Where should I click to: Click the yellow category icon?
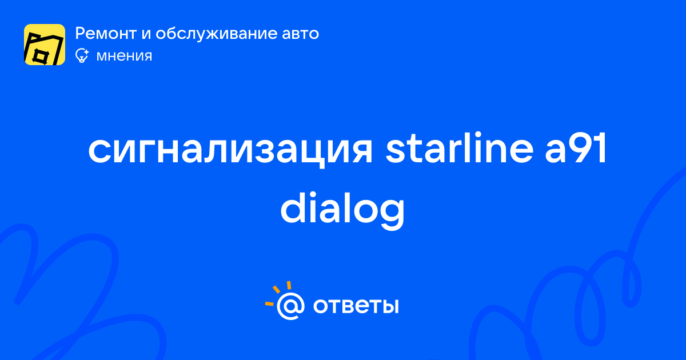(x=45, y=45)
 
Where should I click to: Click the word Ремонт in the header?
(x=106, y=34)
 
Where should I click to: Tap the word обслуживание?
(x=217, y=34)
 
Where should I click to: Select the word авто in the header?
(x=301, y=34)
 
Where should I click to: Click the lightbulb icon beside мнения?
(x=82, y=56)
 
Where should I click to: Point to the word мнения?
(x=124, y=57)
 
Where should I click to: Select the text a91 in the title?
(x=576, y=148)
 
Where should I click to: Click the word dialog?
(x=342, y=209)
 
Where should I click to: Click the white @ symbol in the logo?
(x=290, y=306)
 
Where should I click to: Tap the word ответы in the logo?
(x=356, y=306)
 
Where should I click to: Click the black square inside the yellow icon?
(x=40, y=57)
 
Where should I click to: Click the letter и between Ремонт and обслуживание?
(x=146, y=34)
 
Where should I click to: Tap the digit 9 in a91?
(x=583, y=148)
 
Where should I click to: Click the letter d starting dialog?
(x=294, y=208)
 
